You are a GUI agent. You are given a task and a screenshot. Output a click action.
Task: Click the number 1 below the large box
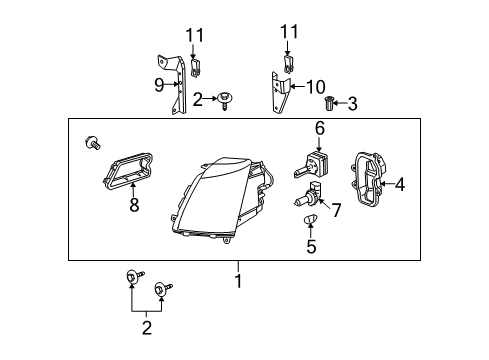(237, 281)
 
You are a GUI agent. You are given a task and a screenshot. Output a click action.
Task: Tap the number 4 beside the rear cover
(400, 184)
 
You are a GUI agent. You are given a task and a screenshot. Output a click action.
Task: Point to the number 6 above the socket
(320, 128)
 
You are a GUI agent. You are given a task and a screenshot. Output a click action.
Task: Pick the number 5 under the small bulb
(312, 244)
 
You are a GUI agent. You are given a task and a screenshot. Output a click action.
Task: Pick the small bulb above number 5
(311, 220)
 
